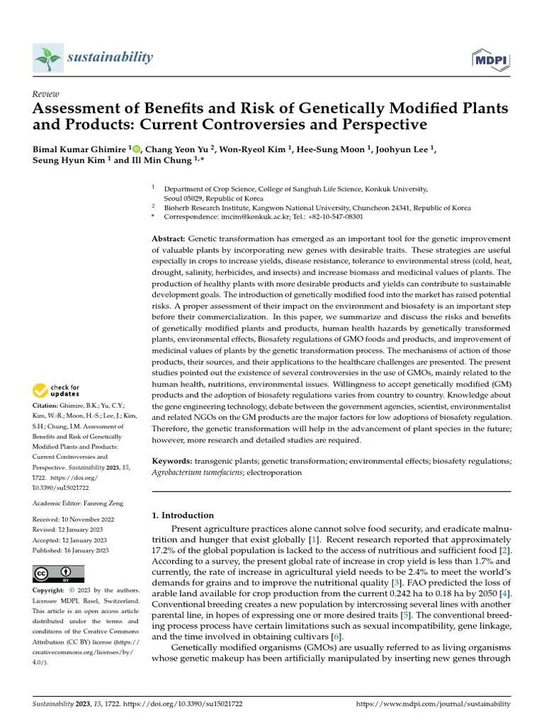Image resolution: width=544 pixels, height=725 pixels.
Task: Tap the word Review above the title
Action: point(47,94)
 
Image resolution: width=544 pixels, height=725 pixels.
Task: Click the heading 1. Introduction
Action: point(183,515)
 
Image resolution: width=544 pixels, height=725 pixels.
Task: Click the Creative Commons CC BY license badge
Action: point(59,573)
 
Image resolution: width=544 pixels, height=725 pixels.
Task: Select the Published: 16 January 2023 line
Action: point(71,549)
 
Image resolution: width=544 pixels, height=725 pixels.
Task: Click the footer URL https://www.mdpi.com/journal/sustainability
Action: point(432,704)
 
